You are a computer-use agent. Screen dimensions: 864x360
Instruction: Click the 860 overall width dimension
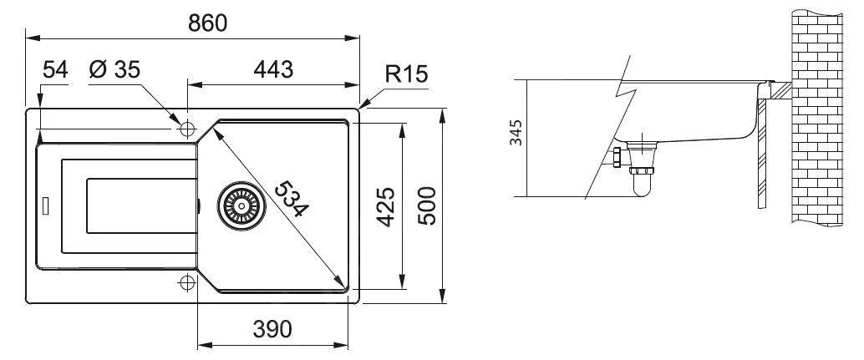click(207, 23)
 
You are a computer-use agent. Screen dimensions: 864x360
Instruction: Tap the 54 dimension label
click(55, 70)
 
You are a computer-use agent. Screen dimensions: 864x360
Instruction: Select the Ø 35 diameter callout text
click(114, 70)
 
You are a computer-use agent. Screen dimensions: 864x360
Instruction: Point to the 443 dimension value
click(273, 70)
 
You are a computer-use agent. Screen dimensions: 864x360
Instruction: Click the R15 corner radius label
click(407, 74)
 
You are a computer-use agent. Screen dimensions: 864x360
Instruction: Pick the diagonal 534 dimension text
click(291, 199)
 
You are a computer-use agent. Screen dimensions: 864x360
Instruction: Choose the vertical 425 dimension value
click(386, 207)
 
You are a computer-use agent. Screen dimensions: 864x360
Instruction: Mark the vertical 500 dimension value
click(427, 205)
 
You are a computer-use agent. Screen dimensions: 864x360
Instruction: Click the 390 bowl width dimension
click(272, 329)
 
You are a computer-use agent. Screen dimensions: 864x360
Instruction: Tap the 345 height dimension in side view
click(516, 133)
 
